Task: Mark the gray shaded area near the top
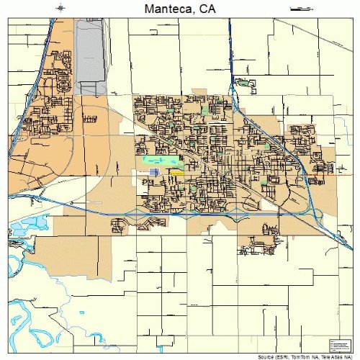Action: tap(90, 50)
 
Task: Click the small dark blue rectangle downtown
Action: tap(153, 173)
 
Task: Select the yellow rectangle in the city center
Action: tap(176, 173)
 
